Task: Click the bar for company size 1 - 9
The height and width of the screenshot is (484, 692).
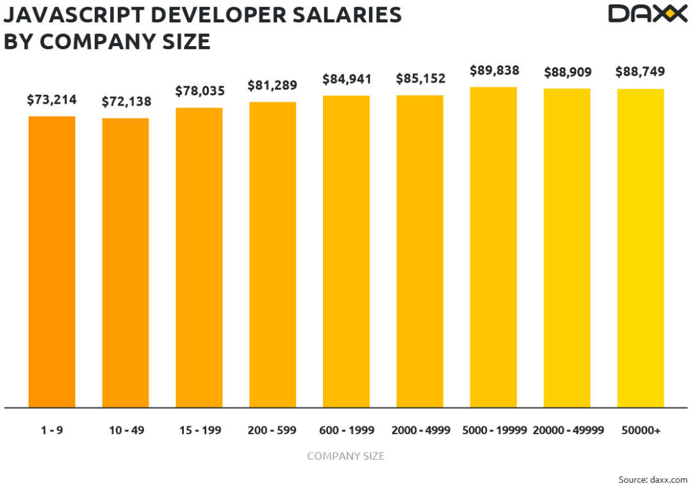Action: [x=51, y=261]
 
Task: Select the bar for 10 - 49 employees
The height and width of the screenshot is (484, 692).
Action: [x=126, y=262]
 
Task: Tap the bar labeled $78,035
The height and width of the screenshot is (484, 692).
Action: [x=199, y=257]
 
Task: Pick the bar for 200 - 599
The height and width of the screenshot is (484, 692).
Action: [x=273, y=254]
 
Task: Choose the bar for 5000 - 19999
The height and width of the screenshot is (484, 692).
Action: [x=493, y=247]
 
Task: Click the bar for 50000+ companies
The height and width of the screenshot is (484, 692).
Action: [x=641, y=248]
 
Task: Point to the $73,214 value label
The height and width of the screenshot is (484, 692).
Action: [x=51, y=99]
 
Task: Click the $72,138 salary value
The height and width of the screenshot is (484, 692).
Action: [x=126, y=101]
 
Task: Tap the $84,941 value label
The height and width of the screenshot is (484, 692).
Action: [x=346, y=79]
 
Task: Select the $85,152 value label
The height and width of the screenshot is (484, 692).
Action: [x=420, y=79]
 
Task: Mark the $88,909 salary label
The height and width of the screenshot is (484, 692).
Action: [x=567, y=72]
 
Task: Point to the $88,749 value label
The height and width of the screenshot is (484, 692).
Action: [x=641, y=72]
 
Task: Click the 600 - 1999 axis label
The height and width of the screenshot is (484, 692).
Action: [x=346, y=430]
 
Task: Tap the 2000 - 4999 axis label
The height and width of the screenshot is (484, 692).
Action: [x=420, y=430]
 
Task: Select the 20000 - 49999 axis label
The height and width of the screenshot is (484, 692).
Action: [x=568, y=430]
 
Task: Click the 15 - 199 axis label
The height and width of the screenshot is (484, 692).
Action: [x=199, y=430]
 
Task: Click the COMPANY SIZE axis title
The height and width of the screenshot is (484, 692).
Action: [x=346, y=456]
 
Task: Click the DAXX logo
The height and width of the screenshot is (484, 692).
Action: [x=647, y=13]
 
